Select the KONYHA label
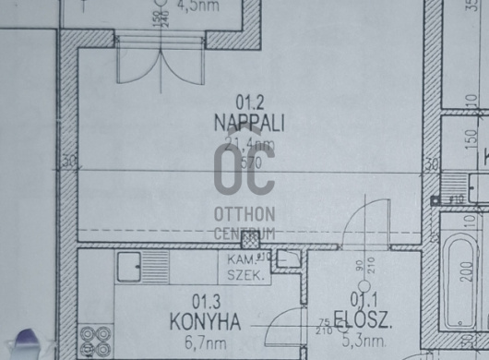(x=205, y=321)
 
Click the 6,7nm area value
(x=206, y=342)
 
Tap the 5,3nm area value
(x=354, y=342)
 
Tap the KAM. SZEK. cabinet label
(x=243, y=268)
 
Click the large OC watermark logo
(x=244, y=170)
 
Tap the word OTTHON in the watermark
(x=244, y=214)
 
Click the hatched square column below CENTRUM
(x=246, y=242)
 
